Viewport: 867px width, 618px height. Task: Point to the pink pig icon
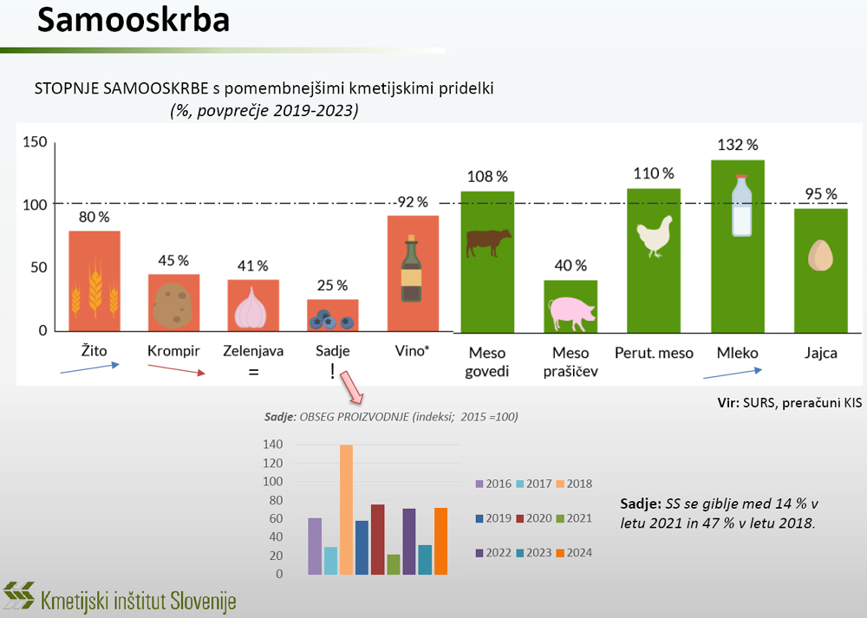(x=569, y=312)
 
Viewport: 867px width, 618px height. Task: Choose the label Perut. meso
(x=654, y=353)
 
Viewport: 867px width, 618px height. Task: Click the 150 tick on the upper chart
(x=35, y=142)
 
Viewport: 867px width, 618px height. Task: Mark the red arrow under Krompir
(x=176, y=371)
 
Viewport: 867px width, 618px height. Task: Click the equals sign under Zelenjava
(x=254, y=373)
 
